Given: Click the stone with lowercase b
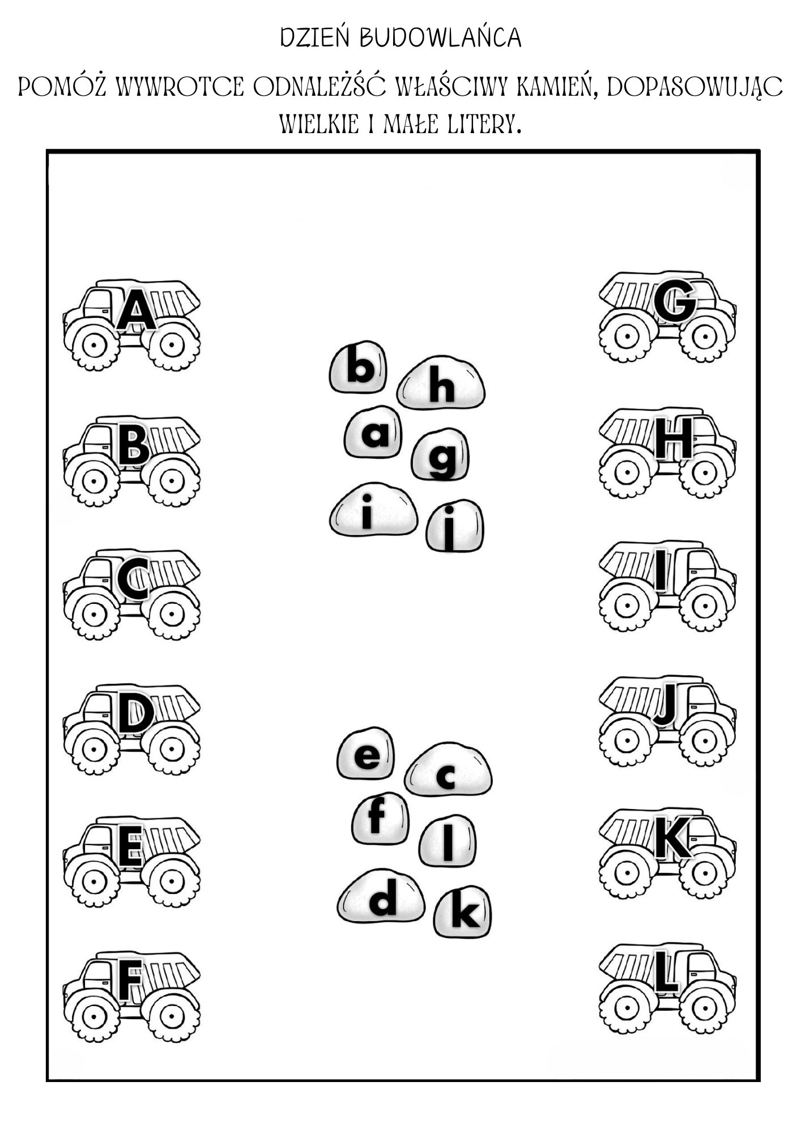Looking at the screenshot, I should [359, 367].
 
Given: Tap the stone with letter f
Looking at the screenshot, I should [378, 818].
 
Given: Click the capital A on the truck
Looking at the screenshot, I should [136, 310].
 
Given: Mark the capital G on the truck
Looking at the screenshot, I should [674, 301].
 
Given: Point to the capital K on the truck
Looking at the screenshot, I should [672, 837].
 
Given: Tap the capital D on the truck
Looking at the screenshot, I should [135, 715].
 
